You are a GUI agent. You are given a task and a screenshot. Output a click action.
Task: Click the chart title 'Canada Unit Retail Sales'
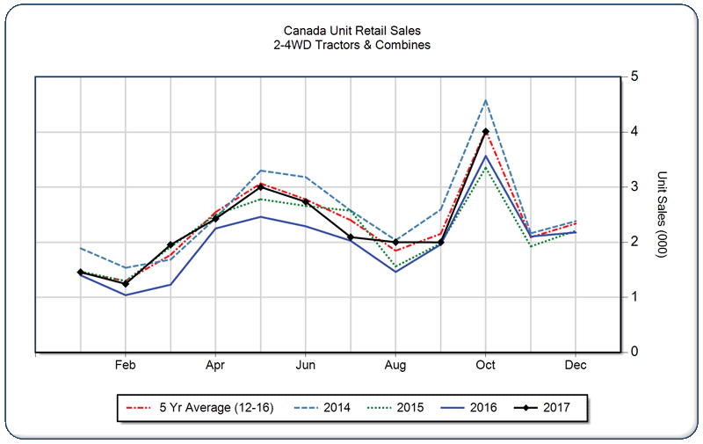click(351, 31)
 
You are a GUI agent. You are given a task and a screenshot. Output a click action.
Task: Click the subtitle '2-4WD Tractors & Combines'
click(351, 45)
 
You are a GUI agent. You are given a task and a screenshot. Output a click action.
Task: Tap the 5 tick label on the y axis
click(634, 76)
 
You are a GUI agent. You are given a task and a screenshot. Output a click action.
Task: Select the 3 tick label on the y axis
click(634, 187)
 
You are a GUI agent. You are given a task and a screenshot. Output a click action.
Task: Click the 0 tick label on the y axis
click(634, 352)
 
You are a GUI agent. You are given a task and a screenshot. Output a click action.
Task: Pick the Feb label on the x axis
click(125, 364)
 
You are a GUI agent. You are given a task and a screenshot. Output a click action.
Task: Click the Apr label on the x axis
click(215, 364)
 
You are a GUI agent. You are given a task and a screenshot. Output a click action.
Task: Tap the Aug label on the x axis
click(395, 364)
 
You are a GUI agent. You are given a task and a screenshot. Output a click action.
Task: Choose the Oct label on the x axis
click(486, 364)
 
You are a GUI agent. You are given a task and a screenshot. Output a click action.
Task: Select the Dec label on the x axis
click(576, 364)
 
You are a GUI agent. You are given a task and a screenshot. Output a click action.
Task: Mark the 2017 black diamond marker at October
click(486, 132)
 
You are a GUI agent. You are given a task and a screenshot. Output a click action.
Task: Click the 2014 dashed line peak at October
click(486, 100)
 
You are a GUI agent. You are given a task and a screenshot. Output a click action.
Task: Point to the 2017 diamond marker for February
click(125, 284)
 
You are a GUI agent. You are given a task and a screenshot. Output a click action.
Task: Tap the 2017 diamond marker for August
click(395, 242)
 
